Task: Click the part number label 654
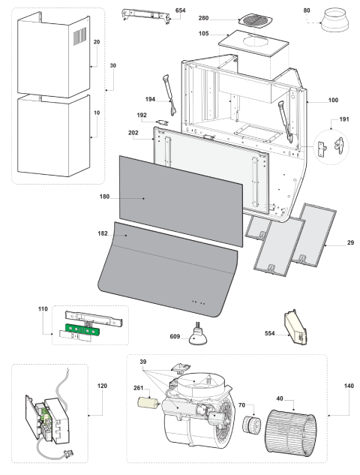pyautogui.click(x=180, y=11)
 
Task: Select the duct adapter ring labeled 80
pyautogui.click(x=335, y=20)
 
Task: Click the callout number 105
pyautogui.click(x=203, y=33)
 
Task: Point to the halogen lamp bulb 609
pyautogui.click(x=198, y=335)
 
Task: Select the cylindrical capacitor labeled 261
pyautogui.click(x=148, y=403)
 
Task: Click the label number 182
pyautogui.click(x=103, y=233)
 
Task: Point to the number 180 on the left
pyautogui.click(x=104, y=197)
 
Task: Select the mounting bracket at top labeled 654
pyautogui.click(x=145, y=16)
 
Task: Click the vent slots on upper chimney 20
pyautogui.click(x=80, y=36)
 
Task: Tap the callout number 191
pyautogui.click(x=344, y=119)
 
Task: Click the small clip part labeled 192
pyautogui.click(x=163, y=122)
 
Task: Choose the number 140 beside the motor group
pyautogui.click(x=349, y=386)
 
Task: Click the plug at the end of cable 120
pyautogui.click(x=68, y=454)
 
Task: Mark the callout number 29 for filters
pyautogui.click(x=350, y=242)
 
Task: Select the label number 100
pyautogui.click(x=333, y=101)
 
